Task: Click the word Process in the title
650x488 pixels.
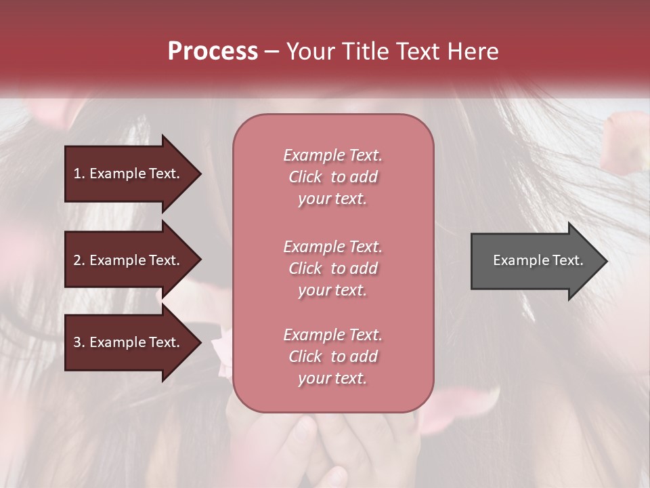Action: coord(213,52)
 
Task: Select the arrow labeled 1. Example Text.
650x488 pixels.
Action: coord(129,174)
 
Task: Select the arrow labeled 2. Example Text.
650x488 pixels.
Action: coord(129,260)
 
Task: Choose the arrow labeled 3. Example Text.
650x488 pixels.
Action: coord(129,342)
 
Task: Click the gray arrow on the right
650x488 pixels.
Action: coord(535,260)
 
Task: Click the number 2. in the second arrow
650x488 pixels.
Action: coord(79,260)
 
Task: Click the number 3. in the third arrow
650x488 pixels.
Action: coord(79,342)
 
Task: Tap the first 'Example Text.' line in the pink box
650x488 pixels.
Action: coord(332,155)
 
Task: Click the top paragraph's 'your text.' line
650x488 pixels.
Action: coord(332,199)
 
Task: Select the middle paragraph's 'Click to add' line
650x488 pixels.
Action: coord(332,268)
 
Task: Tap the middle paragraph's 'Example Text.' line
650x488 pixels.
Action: coord(332,247)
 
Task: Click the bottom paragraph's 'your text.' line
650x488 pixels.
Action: coord(332,378)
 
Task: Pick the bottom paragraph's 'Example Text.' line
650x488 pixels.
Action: coord(332,335)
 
